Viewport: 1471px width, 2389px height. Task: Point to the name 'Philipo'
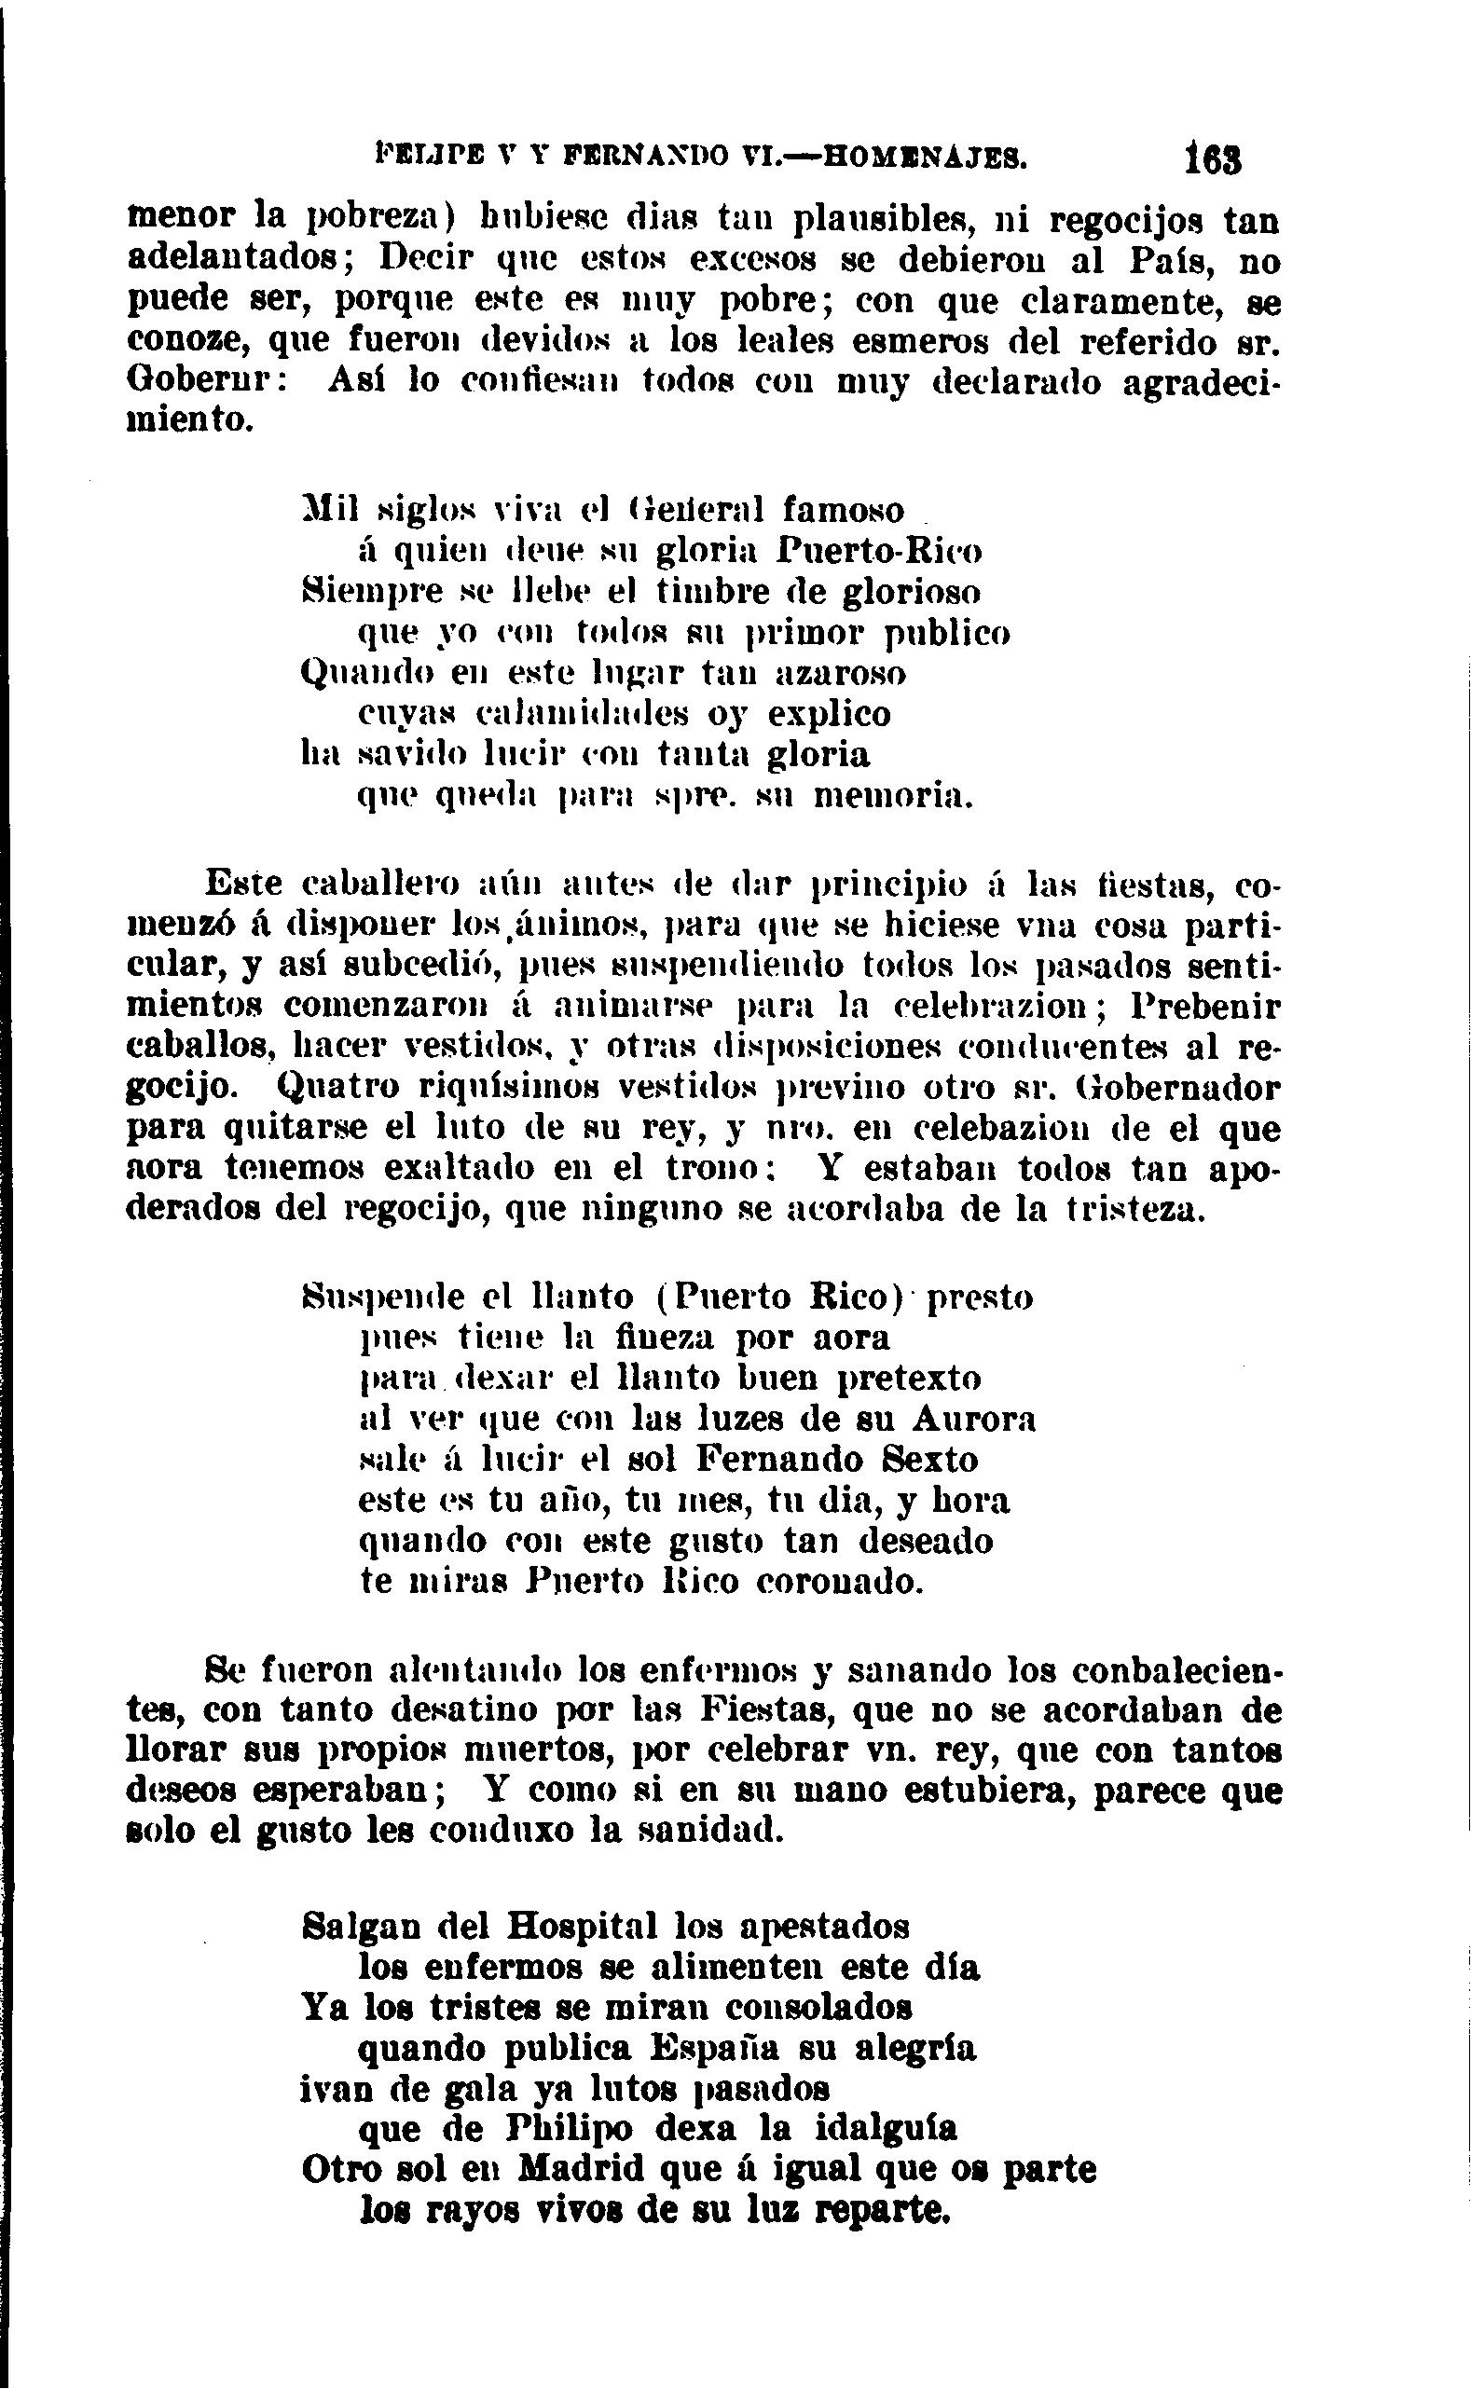click(571, 2129)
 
